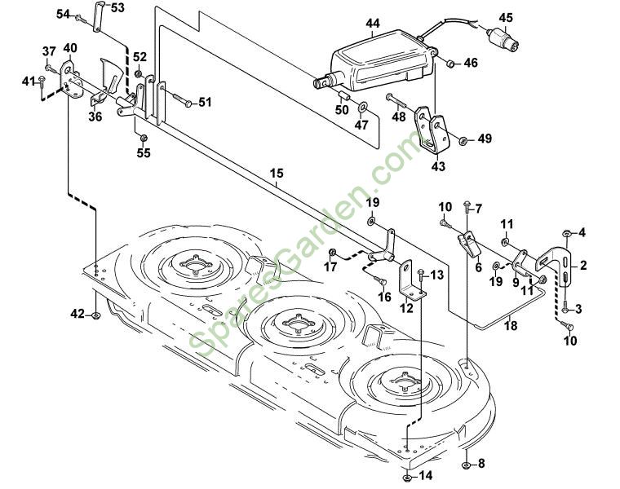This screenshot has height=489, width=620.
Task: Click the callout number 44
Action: [373, 24]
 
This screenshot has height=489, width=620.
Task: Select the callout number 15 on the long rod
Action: [277, 173]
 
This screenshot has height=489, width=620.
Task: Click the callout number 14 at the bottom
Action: [425, 475]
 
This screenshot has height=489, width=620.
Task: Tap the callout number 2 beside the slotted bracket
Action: [583, 266]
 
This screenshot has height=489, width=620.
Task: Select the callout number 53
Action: [117, 8]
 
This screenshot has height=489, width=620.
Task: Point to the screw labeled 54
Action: [79, 17]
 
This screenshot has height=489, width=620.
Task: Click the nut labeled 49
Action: [462, 139]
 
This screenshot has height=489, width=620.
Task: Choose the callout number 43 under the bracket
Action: [438, 166]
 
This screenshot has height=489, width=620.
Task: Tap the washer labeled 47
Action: [362, 107]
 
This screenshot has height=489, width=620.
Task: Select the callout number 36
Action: [95, 117]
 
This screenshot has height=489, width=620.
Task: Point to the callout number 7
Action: [478, 208]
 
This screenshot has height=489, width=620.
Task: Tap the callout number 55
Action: [143, 152]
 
